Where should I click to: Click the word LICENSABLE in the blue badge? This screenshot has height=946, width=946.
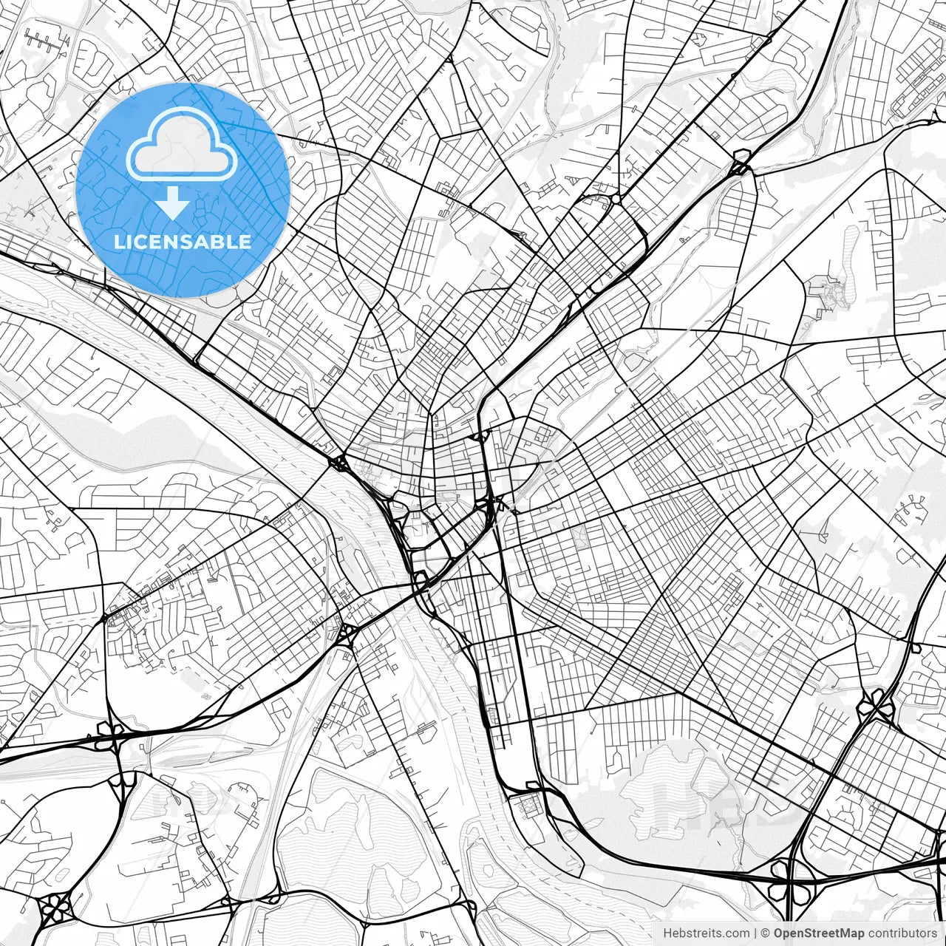(x=183, y=242)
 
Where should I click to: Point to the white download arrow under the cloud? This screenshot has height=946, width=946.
(x=173, y=203)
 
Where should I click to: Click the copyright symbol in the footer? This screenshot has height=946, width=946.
(x=766, y=933)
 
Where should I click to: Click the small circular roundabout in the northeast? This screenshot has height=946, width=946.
(x=616, y=200)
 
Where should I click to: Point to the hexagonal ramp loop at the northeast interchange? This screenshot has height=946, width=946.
(x=740, y=162)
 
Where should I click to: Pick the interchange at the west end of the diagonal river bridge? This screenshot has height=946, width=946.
(x=347, y=633)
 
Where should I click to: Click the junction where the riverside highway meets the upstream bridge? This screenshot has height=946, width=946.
(x=340, y=463)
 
